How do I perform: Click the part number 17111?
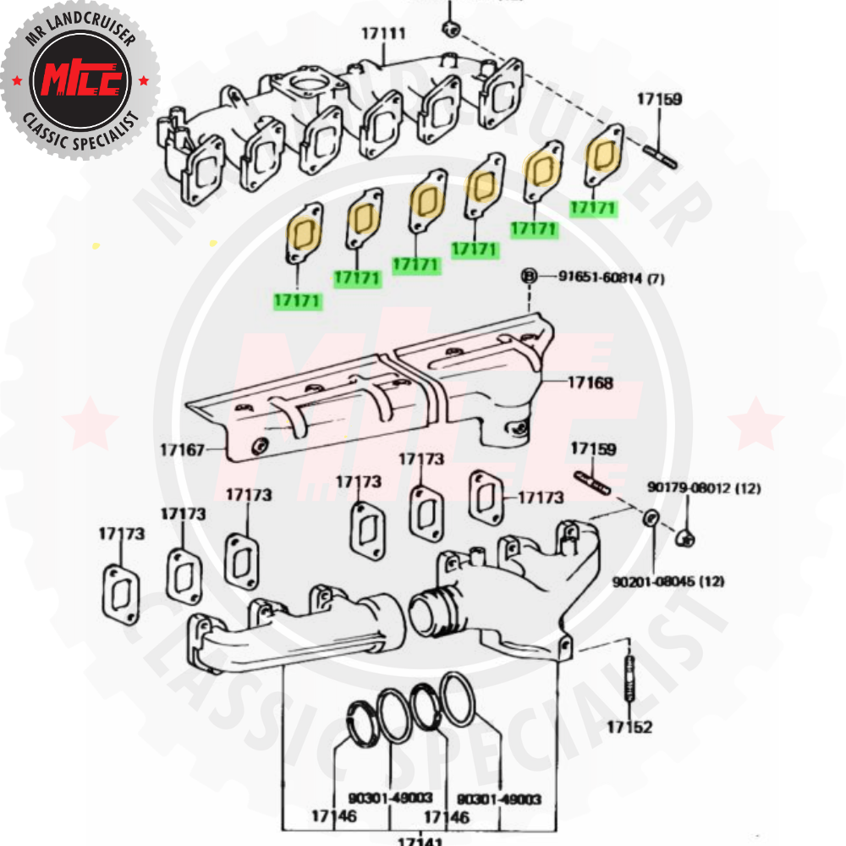[383, 34]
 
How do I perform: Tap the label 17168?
[590, 382]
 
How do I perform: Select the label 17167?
[182, 449]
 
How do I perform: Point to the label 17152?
[629, 726]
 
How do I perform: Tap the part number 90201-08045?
[656, 581]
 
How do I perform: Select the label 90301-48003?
[390, 798]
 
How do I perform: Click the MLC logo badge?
[80, 80]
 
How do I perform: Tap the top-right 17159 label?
[659, 99]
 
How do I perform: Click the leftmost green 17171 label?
[297, 300]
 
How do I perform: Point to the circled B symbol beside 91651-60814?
[530, 276]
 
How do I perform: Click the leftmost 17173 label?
[121, 534]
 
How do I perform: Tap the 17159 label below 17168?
[593, 448]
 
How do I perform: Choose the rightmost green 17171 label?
[594, 208]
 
